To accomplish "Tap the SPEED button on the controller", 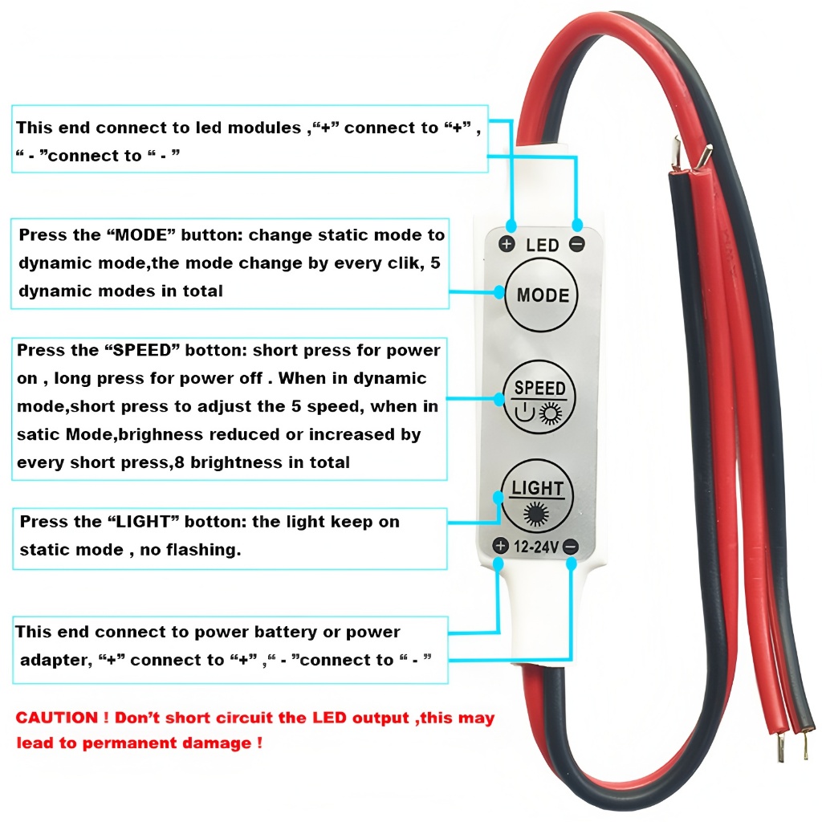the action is coord(539,397).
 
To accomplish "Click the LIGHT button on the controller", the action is coord(537,496).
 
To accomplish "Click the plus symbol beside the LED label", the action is coord(507,244).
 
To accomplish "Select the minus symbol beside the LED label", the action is coord(577,244).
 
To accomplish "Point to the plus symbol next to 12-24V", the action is coord(501,546).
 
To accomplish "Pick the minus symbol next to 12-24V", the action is coord(571,547).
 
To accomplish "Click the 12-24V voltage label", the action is coord(535,547).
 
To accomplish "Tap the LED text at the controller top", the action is coord(543,245).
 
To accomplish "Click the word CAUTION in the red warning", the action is coord(57,718).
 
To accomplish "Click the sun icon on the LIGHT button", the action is coord(536,514).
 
